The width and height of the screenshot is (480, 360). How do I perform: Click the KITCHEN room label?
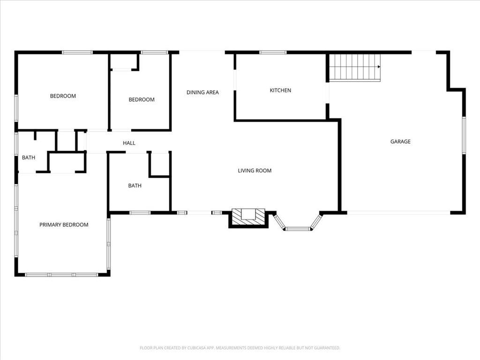coord(280,90)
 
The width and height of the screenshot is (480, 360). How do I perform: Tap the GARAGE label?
coord(400,142)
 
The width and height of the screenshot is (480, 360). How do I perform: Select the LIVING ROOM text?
coord(255,171)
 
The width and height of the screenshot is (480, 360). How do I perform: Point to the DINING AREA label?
coord(202,92)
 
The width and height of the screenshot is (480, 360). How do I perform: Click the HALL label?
coord(129,143)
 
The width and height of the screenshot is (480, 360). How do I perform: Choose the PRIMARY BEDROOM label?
coord(64,225)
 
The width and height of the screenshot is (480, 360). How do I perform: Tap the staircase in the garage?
coord(355,68)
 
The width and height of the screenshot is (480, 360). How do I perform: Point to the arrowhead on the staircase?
coord(379,67)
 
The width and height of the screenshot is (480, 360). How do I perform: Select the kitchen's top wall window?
coord(273,52)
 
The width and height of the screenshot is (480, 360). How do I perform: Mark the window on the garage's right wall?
coord(464,135)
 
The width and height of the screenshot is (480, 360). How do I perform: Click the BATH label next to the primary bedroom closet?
coord(29,157)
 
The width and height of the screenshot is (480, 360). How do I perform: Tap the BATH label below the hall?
coord(135,186)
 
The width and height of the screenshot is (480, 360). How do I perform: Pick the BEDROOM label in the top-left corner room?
coord(63,96)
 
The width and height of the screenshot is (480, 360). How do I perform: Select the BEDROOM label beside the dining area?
coord(142,99)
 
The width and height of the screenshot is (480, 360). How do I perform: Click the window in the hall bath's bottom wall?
coord(140,212)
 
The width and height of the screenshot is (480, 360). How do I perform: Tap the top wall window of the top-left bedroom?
coord(77,52)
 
